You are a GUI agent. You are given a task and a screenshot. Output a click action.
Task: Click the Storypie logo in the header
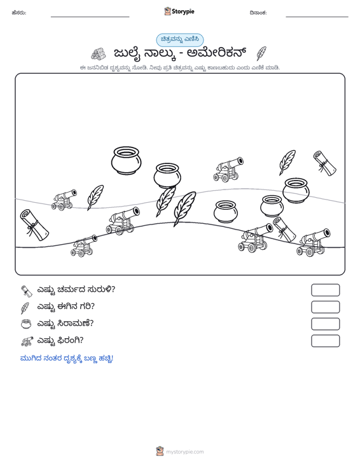[179, 11]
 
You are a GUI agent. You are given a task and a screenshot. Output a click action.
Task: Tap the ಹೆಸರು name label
[19, 13]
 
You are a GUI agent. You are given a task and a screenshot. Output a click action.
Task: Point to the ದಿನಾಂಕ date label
[258, 13]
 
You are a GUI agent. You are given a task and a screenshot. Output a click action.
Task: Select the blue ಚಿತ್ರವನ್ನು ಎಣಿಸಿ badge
[180, 40]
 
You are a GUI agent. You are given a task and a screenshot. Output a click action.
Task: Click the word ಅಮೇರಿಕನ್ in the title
[217, 53]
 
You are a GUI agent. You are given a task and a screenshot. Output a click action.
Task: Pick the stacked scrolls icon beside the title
[99, 54]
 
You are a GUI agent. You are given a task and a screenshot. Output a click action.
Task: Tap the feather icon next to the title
[261, 53]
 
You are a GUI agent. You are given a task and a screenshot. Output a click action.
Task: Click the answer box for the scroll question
[325, 290]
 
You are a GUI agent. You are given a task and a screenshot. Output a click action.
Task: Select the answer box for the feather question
[325, 307]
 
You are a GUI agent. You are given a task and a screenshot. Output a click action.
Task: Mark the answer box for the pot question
[325, 324]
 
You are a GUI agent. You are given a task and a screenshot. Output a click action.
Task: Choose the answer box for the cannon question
[325, 341]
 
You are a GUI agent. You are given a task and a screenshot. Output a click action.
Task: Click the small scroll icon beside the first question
[26, 291]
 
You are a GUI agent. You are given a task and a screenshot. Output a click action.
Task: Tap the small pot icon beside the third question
[26, 324]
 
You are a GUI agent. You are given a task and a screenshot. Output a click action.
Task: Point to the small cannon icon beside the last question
[27, 341]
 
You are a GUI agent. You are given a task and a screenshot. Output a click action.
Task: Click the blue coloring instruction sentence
[67, 359]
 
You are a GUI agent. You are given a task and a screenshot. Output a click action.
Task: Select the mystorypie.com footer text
[184, 452]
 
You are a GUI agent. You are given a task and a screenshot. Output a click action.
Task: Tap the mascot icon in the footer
[160, 451]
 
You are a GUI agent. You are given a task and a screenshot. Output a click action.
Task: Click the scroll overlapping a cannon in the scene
[284, 230]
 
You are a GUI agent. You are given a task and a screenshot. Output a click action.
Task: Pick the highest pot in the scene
[127, 160]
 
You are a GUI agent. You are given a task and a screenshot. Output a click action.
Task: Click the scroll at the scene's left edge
[34, 225]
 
